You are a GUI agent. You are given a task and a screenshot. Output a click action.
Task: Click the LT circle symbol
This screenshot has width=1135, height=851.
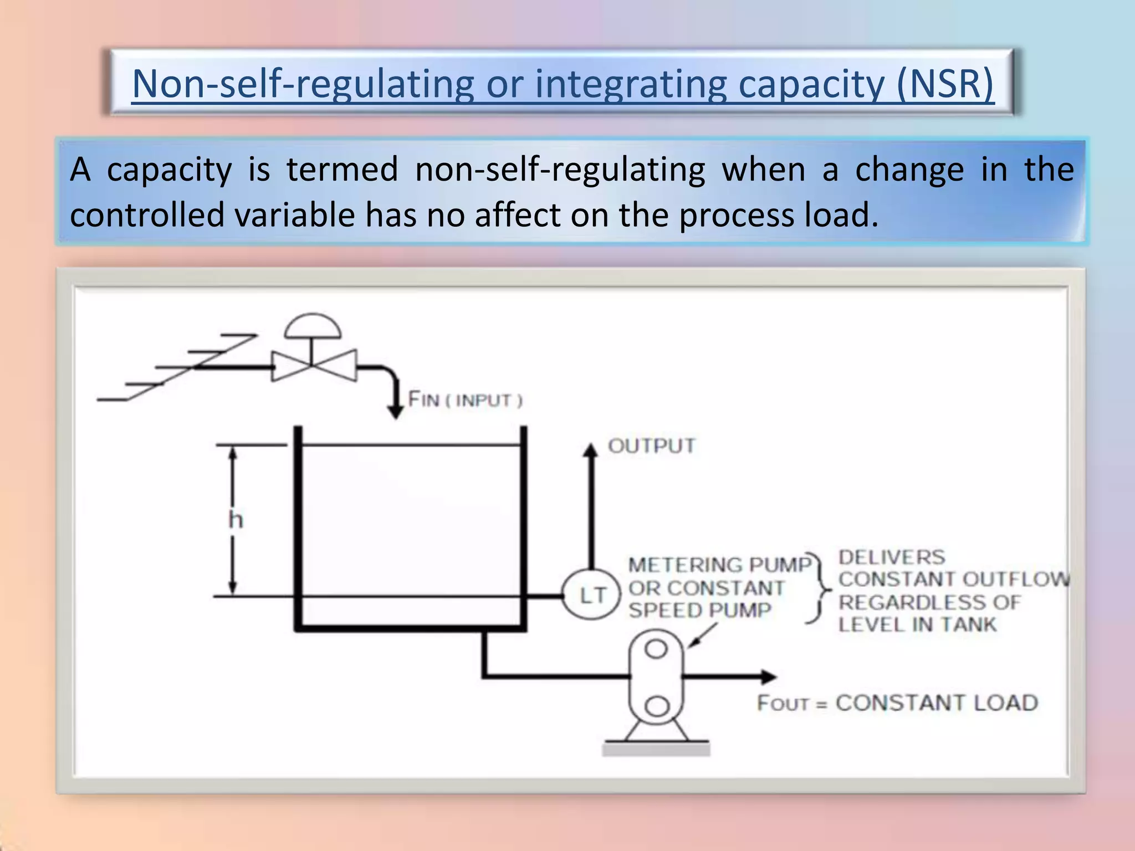coord(591,596)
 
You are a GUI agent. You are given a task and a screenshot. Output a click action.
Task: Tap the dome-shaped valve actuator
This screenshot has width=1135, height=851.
coord(313,327)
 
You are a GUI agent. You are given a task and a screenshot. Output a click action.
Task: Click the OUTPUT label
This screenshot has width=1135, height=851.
coord(651,446)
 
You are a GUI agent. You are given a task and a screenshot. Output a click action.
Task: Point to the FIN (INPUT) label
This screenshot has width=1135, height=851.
coord(465,399)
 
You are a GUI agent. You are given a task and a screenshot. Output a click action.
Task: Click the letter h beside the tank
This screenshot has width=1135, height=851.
coord(236,520)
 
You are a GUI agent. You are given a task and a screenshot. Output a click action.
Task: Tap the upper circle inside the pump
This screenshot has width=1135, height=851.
coord(656,649)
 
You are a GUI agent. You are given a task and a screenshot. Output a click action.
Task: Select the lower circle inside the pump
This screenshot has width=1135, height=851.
coord(657,706)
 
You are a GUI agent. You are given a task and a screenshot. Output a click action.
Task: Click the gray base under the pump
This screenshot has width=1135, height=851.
coord(656,750)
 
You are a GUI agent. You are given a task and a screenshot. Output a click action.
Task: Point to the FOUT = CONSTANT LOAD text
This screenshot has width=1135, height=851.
coord(897,703)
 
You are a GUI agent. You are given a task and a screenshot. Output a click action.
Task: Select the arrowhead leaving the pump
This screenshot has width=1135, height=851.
coord(769,676)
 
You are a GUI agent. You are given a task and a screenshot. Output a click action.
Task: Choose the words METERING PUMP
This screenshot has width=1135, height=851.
coord(719,565)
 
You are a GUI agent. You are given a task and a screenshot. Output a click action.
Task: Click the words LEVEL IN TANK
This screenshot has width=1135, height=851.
coord(917,625)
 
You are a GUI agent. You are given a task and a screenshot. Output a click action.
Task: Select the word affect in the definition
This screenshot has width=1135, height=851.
coord(518,215)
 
